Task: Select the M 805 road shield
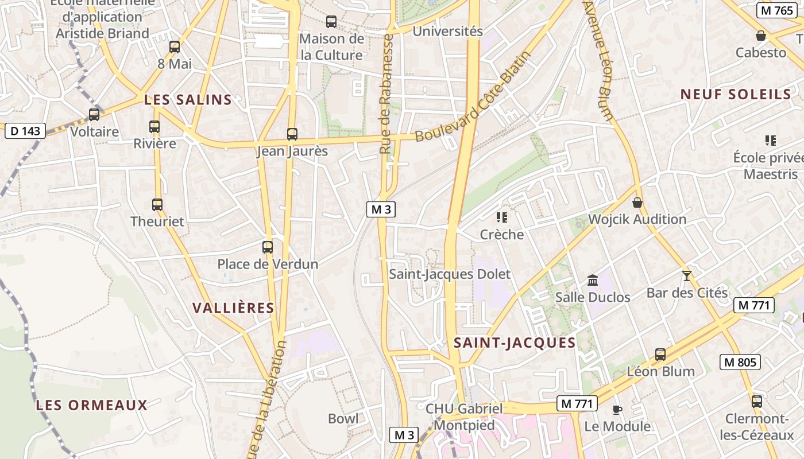pyautogui.click(x=740, y=362)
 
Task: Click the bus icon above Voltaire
pyautogui.click(x=94, y=115)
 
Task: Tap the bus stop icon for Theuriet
pyautogui.click(x=157, y=204)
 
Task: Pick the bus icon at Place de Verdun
pyautogui.click(x=268, y=247)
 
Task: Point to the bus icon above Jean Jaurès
pyautogui.click(x=292, y=134)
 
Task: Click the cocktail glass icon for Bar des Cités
pyautogui.click(x=686, y=275)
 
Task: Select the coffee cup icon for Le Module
pyautogui.click(x=617, y=410)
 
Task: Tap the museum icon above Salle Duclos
pyautogui.click(x=593, y=280)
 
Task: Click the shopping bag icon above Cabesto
pyautogui.click(x=761, y=36)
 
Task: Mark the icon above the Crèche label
pyautogui.click(x=502, y=217)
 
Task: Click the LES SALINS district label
pyautogui.click(x=188, y=100)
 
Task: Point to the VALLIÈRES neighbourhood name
pyautogui.click(x=233, y=308)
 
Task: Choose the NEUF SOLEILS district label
pyautogui.click(x=736, y=95)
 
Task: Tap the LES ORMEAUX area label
pyautogui.click(x=92, y=405)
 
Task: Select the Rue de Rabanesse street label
pyautogui.click(x=386, y=94)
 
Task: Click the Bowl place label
pyautogui.click(x=343, y=418)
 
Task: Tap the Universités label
pyautogui.click(x=448, y=31)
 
